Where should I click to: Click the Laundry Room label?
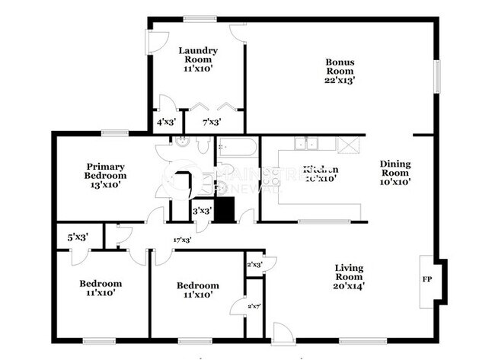coord(198,55)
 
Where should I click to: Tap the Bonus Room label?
coord(340,66)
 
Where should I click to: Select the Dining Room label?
coord(395,167)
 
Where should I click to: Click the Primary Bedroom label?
coord(105,170)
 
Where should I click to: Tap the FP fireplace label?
coord(426,279)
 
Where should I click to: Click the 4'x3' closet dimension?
coord(165,122)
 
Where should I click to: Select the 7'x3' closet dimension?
coord(212,122)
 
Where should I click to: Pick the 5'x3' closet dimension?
coord(78,237)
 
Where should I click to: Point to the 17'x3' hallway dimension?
coord(181,240)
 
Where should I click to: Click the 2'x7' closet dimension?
coord(254,306)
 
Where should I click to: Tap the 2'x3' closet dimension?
coord(254,265)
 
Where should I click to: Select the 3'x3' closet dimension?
coord(202,211)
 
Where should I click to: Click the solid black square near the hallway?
coord(224,209)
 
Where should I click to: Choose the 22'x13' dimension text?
coord(340,78)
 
